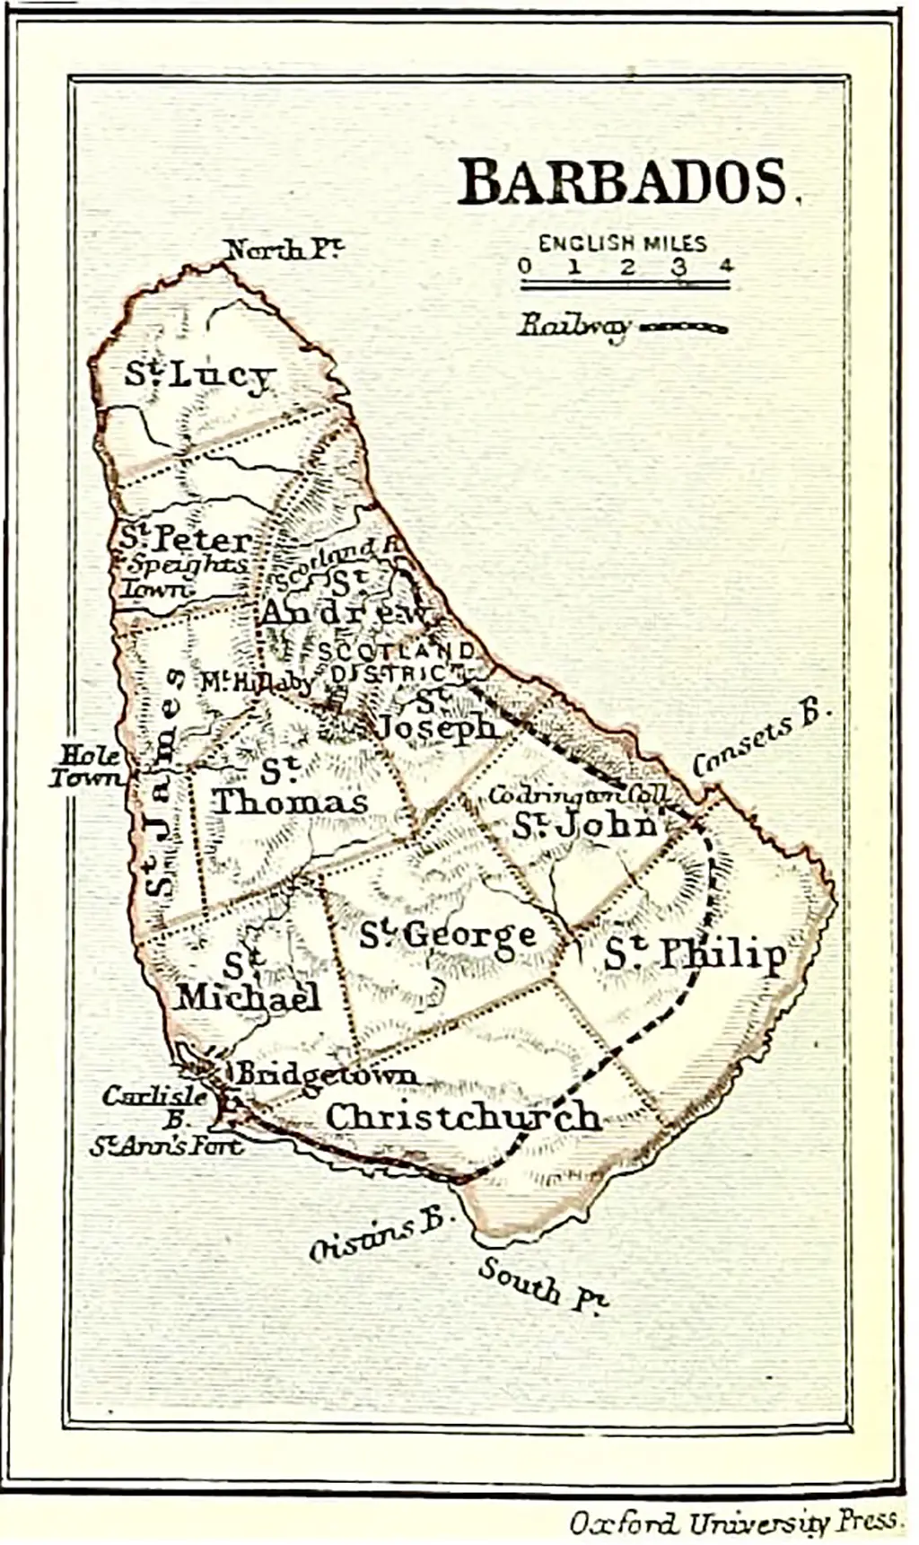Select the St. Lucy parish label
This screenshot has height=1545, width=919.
(x=198, y=375)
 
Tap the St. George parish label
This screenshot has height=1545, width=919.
(x=448, y=935)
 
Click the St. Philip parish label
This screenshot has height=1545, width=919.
(x=695, y=955)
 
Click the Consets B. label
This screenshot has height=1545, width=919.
(x=762, y=741)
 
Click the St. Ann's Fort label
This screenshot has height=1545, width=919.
(x=165, y=1146)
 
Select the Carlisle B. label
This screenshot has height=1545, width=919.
(x=154, y=1106)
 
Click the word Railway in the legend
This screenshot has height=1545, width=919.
(x=573, y=325)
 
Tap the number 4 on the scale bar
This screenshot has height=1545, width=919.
(x=725, y=266)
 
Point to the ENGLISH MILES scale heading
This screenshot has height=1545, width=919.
(x=622, y=243)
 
